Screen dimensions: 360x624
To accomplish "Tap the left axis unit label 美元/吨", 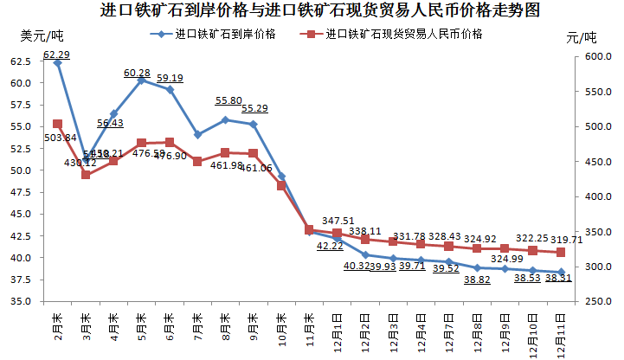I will [42, 35].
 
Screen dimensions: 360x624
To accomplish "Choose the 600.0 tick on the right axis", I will [597, 56].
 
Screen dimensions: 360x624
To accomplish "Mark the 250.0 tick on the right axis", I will [597, 301].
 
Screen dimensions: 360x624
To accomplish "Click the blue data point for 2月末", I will [57, 63].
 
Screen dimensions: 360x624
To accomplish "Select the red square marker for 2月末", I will [57, 124].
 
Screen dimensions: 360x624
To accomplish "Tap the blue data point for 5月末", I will [141, 80].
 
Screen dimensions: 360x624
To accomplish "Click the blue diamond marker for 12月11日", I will [561, 273].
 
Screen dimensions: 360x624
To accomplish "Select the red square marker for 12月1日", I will [337, 234].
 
